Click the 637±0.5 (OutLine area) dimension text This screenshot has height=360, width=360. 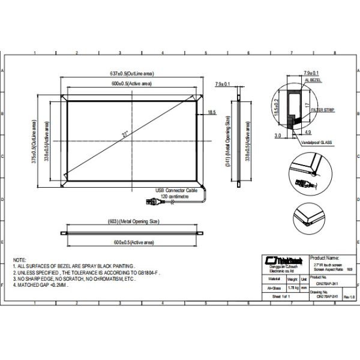point(132,73)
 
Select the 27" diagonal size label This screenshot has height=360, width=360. point(126,136)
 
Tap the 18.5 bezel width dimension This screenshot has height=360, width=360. point(212,112)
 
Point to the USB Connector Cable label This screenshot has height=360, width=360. point(176,190)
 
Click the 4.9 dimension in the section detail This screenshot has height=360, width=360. point(307,131)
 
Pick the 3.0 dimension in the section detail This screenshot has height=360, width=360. point(277,136)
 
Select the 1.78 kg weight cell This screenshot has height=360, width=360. point(292,288)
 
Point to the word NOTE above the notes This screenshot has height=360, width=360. point(19,256)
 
